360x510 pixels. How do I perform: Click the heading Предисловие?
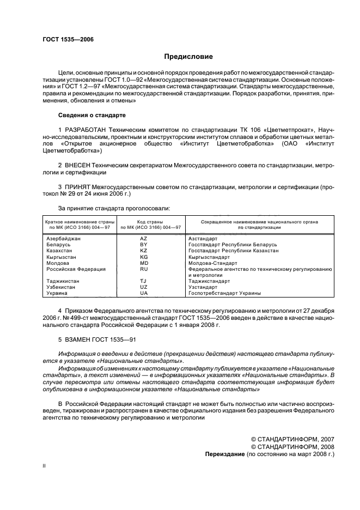pos(188,57)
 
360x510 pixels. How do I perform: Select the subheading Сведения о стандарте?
pos(92,116)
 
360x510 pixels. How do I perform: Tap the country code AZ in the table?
pos(144,239)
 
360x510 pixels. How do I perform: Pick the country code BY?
pos(144,245)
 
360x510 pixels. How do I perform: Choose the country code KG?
pos(144,257)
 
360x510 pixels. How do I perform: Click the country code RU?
pos(144,269)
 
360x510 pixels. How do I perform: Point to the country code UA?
pos(144,293)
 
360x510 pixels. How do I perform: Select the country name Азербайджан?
pos(65,239)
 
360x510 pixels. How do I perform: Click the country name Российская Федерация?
pos(76,269)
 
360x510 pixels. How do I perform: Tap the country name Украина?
pos(57,293)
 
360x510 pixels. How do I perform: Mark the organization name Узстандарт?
pos(203,287)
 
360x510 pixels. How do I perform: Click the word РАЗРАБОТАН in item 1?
pos(86,129)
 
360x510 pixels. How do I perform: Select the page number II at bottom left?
pos(45,467)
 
